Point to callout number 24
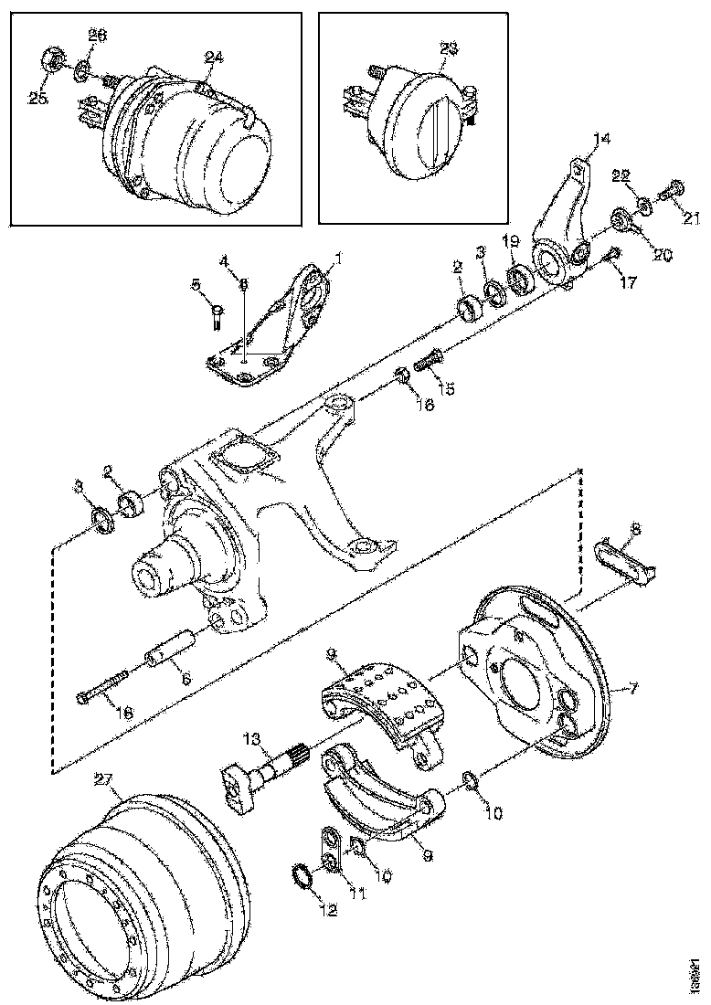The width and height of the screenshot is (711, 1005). (213, 57)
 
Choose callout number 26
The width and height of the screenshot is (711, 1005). (97, 36)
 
